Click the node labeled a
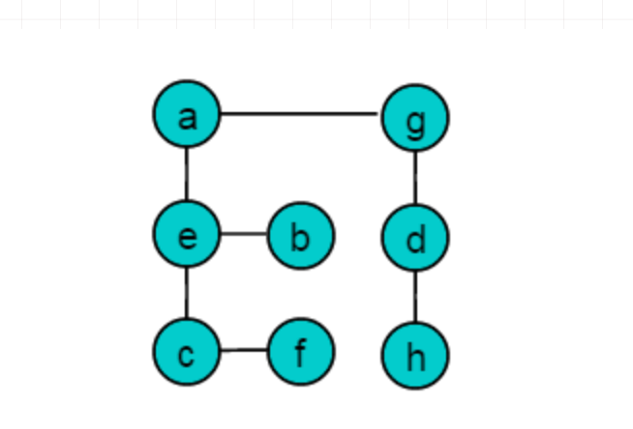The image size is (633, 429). coord(187,114)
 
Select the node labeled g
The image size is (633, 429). coord(415,118)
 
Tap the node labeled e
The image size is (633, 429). coord(187,234)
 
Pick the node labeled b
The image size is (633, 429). coord(301,235)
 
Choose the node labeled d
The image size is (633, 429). coord(415,238)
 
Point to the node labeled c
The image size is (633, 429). coord(187,352)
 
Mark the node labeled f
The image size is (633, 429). coord(301,352)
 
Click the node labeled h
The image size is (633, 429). coord(415,356)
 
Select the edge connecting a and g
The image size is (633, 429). coord(299,114)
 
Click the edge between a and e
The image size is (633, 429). coord(187,174)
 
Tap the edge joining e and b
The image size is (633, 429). coord(244,234)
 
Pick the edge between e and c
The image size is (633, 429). coord(187,293)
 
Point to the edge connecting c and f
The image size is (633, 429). coord(244,350)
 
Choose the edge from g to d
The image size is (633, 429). coord(415,178)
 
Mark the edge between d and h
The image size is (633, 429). coord(415,297)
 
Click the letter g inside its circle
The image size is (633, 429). coord(415,124)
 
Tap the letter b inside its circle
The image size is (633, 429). coord(300,239)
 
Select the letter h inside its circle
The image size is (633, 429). coord(416,358)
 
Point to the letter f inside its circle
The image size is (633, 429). coord(301,354)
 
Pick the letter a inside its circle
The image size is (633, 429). coord(188,119)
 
